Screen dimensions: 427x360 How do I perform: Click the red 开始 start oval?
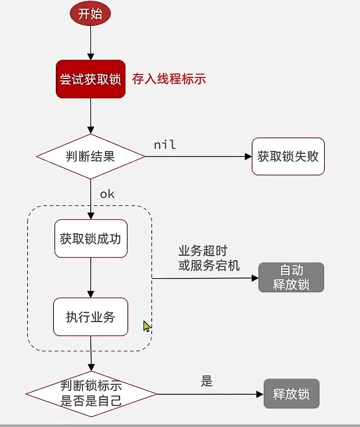pyautogui.click(x=90, y=14)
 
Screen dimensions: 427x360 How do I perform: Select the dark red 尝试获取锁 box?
pyautogui.click(x=90, y=79)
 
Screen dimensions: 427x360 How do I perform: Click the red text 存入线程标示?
pyautogui.click(x=169, y=79)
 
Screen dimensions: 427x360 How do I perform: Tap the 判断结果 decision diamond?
pyautogui.click(x=90, y=157)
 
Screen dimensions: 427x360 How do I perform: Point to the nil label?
pyautogui.click(x=165, y=144)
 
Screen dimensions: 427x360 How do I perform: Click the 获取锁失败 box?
pyautogui.click(x=288, y=157)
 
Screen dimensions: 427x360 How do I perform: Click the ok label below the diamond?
pyautogui.click(x=108, y=194)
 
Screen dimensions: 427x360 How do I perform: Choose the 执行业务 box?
pyautogui.click(x=90, y=317)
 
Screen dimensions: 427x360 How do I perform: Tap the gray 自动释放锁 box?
pyautogui.click(x=291, y=278)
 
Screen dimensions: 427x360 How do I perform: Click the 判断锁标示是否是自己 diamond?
pyautogui.click(x=90, y=394)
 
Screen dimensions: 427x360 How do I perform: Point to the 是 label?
pyautogui.click(x=207, y=381)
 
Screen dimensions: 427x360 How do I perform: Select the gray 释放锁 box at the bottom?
pyautogui.click(x=291, y=394)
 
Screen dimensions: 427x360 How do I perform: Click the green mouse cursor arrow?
pyautogui.click(x=147, y=326)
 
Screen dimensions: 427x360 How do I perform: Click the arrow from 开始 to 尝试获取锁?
pyautogui.click(x=90, y=43)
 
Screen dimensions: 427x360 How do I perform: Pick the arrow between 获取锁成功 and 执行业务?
pyautogui.click(x=90, y=278)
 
